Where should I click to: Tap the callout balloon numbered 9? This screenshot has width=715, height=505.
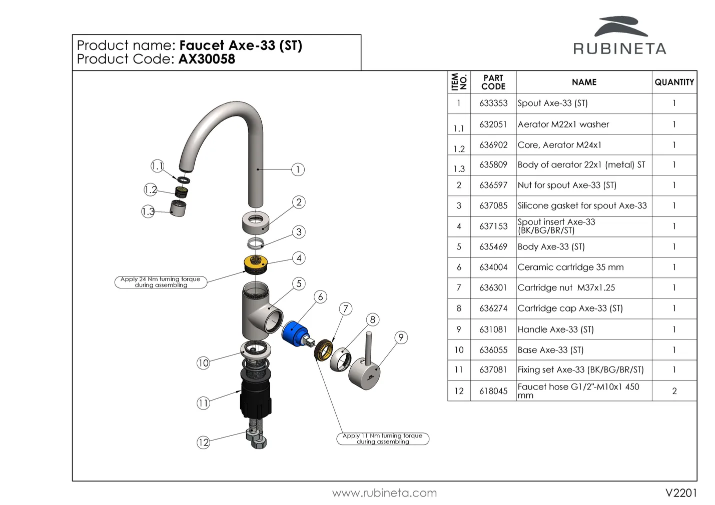pyautogui.click(x=401, y=337)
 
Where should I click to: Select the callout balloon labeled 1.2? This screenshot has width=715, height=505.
pyautogui.click(x=150, y=190)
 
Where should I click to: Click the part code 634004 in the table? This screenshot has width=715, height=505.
pyautogui.click(x=493, y=267)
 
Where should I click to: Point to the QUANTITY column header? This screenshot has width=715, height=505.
pyautogui.click(x=674, y=82)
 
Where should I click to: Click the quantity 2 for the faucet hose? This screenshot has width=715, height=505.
pyautogui.click(x=674, y=391)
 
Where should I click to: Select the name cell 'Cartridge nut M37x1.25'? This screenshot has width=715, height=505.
pyautogui.click(x=566, y=288)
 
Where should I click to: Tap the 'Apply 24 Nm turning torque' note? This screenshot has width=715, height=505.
pyautogui.click(x=161, y=282)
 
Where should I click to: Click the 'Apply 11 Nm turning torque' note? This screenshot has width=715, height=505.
pyautogui.click(x=383, y=438)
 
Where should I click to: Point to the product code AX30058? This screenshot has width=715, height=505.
pyautogui.click(x=207, y=59)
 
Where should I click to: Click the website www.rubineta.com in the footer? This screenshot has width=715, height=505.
pyautogui.click(x=384, y=493)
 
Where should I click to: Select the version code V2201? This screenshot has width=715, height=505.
pyautogui.click(x=681, y=493)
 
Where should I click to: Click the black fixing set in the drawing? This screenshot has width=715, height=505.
pyautogui.click(x=256, y=398)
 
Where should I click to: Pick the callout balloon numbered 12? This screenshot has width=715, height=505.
pyautogui.click(x=203, y=442)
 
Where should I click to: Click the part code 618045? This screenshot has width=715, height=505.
pyautogui.click(x=493, y=391)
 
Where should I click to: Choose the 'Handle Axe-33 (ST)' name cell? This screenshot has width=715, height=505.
pyautogui.click(x=555, y=329)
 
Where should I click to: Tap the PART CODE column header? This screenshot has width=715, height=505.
pyautogui.click(x=493, y=82)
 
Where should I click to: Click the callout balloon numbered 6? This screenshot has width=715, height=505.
pyautogui.click(x=321, y=297)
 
